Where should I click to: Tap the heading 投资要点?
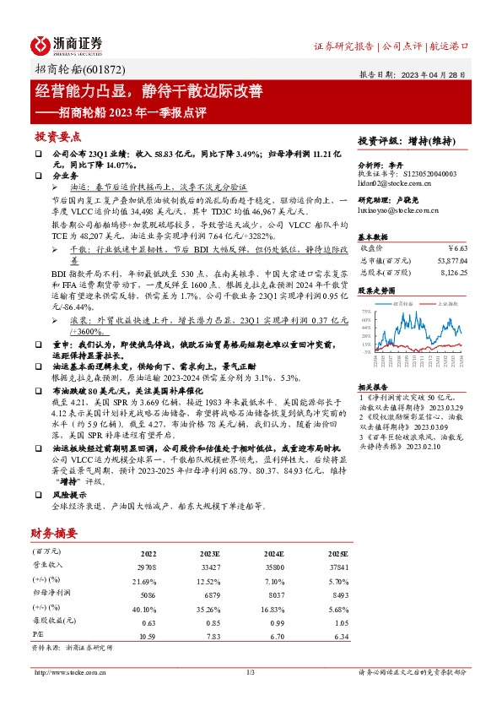[x=58, y=137]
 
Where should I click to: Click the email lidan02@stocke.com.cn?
[x=392, y=182]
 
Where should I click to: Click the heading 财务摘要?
[x=54, y=533]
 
